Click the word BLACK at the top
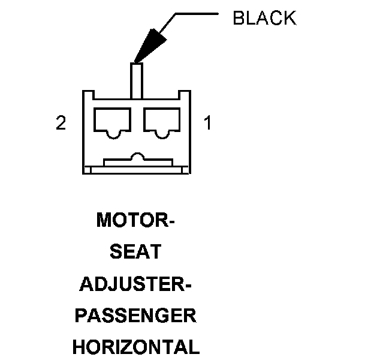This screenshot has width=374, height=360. coord(264,18)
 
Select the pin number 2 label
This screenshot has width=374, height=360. coord(61,124)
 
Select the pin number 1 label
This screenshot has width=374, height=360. coord(207,124)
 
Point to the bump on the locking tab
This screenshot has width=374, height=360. coord(137,157)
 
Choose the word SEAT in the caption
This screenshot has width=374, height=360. coord(135,253)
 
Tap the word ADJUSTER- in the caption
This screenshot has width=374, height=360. coord(135,284)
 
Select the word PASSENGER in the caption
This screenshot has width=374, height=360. coord(135,316)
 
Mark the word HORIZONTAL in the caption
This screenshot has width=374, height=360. coord(135,347)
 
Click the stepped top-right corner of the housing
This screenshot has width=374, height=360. coord(184,94)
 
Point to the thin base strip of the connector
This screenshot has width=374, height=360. coord(136,170)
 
